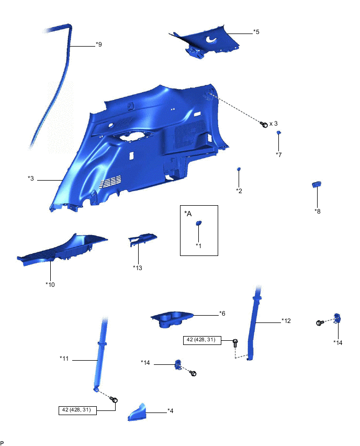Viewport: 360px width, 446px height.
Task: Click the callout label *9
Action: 98,44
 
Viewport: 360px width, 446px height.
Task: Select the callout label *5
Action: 256,32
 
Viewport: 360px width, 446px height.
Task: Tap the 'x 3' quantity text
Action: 274,124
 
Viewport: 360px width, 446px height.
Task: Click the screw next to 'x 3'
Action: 264,124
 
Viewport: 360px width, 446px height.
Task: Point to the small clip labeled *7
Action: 279,133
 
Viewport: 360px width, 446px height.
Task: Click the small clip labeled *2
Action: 239,169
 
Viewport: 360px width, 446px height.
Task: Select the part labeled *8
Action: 317,184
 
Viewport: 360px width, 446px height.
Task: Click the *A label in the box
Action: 188,213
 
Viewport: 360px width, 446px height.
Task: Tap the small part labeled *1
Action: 199,223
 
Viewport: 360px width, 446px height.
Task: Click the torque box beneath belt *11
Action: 76,410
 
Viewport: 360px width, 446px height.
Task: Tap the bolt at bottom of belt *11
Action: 115,400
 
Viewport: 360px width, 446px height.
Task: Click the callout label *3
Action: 31,179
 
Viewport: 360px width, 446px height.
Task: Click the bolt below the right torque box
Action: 235,343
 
